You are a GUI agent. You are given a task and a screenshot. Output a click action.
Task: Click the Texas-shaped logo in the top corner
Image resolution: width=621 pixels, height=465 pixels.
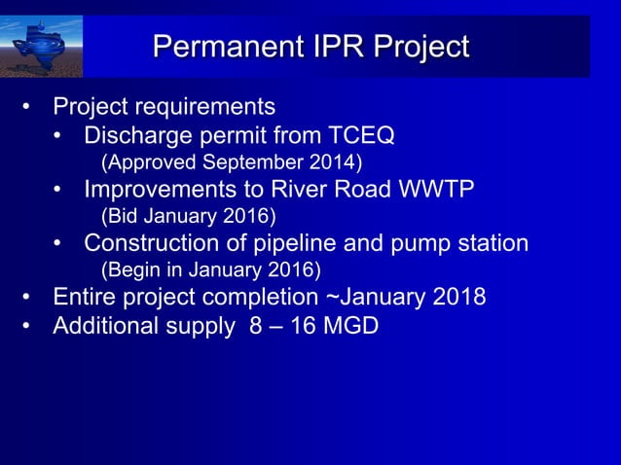[42, 47]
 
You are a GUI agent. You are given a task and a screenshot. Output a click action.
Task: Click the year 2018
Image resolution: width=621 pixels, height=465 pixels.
[458, 297]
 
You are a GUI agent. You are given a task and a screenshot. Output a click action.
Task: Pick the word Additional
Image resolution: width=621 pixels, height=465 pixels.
[100, 326]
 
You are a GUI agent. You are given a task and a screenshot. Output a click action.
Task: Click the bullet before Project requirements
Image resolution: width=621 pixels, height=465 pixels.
[30, 106]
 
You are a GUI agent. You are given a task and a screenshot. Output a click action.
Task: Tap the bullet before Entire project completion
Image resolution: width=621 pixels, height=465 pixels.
[30, 297]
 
